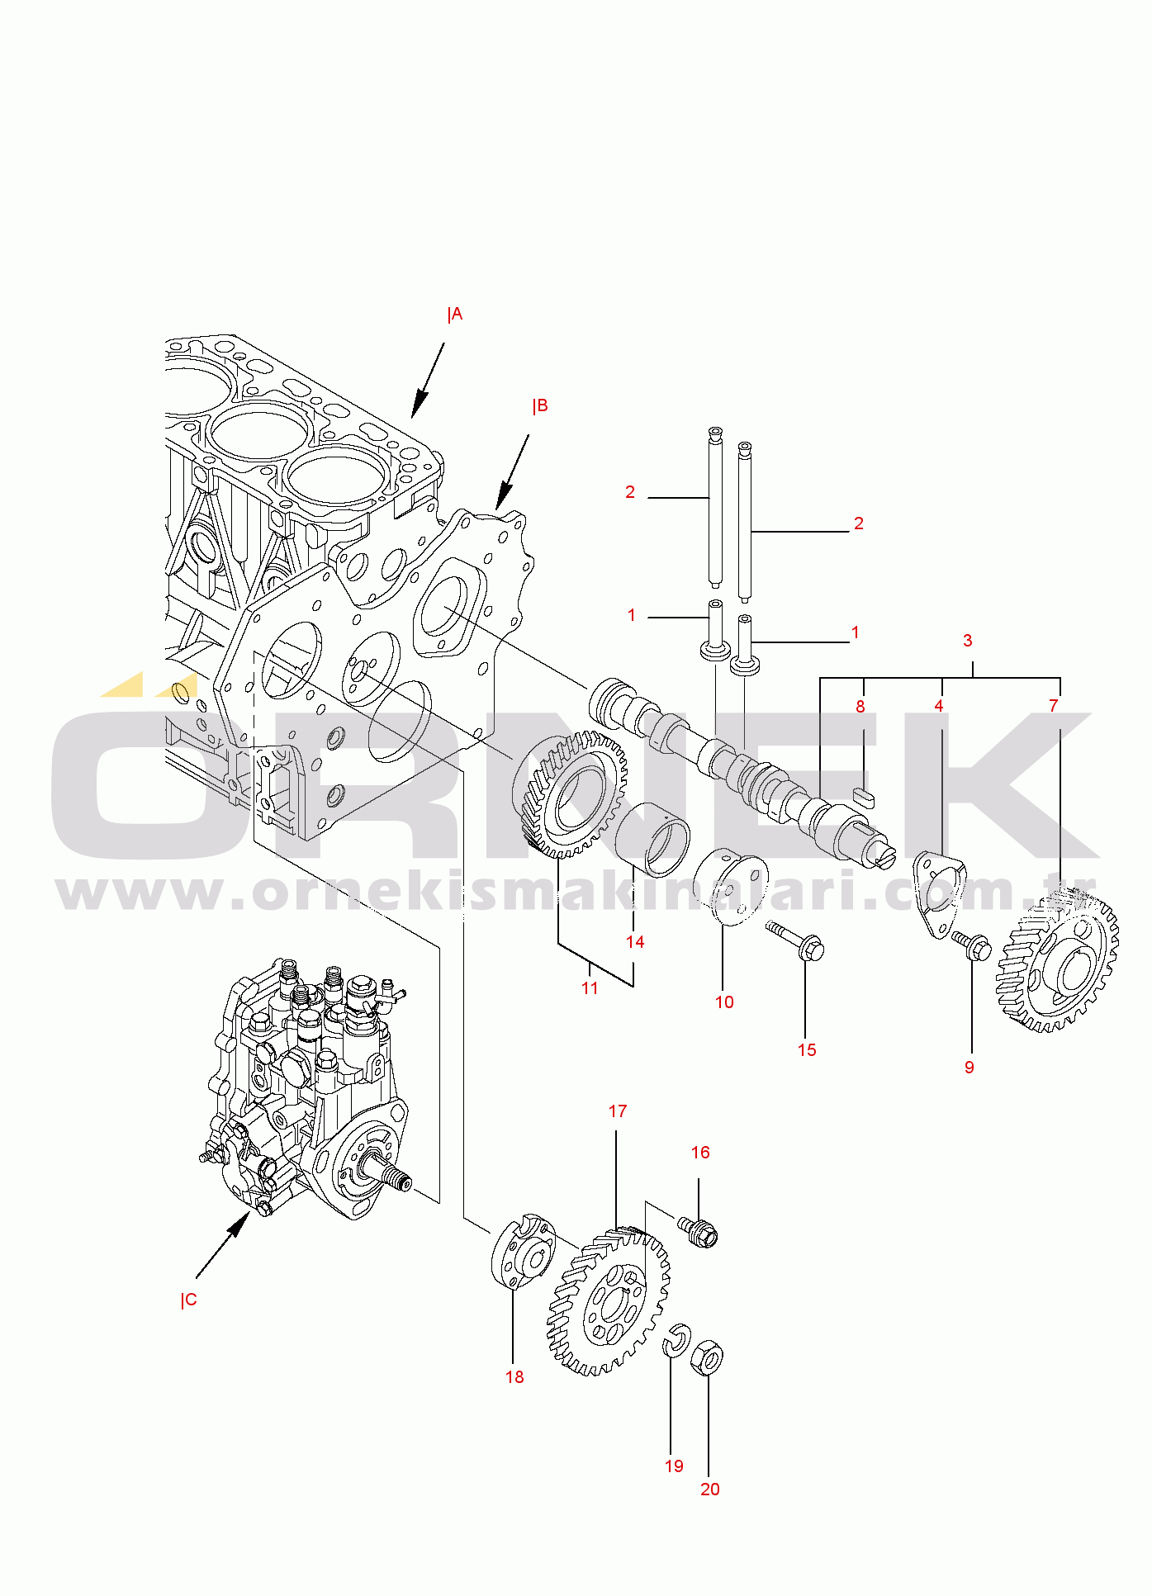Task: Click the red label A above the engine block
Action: click(455, 315)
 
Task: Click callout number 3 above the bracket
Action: click(968, 641)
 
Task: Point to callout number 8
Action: click(860, 707)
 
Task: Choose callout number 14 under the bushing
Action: click(635, 942)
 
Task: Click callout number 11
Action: click(590, 988)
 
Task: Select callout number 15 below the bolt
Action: click(807, 1050)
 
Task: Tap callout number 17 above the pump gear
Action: click(618, 1111)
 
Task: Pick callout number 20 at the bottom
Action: click(710, 1489)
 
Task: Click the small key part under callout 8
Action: click(864, 797)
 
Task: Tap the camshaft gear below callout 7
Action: click(1058, 962)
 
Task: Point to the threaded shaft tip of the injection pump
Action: click(401, 1183)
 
